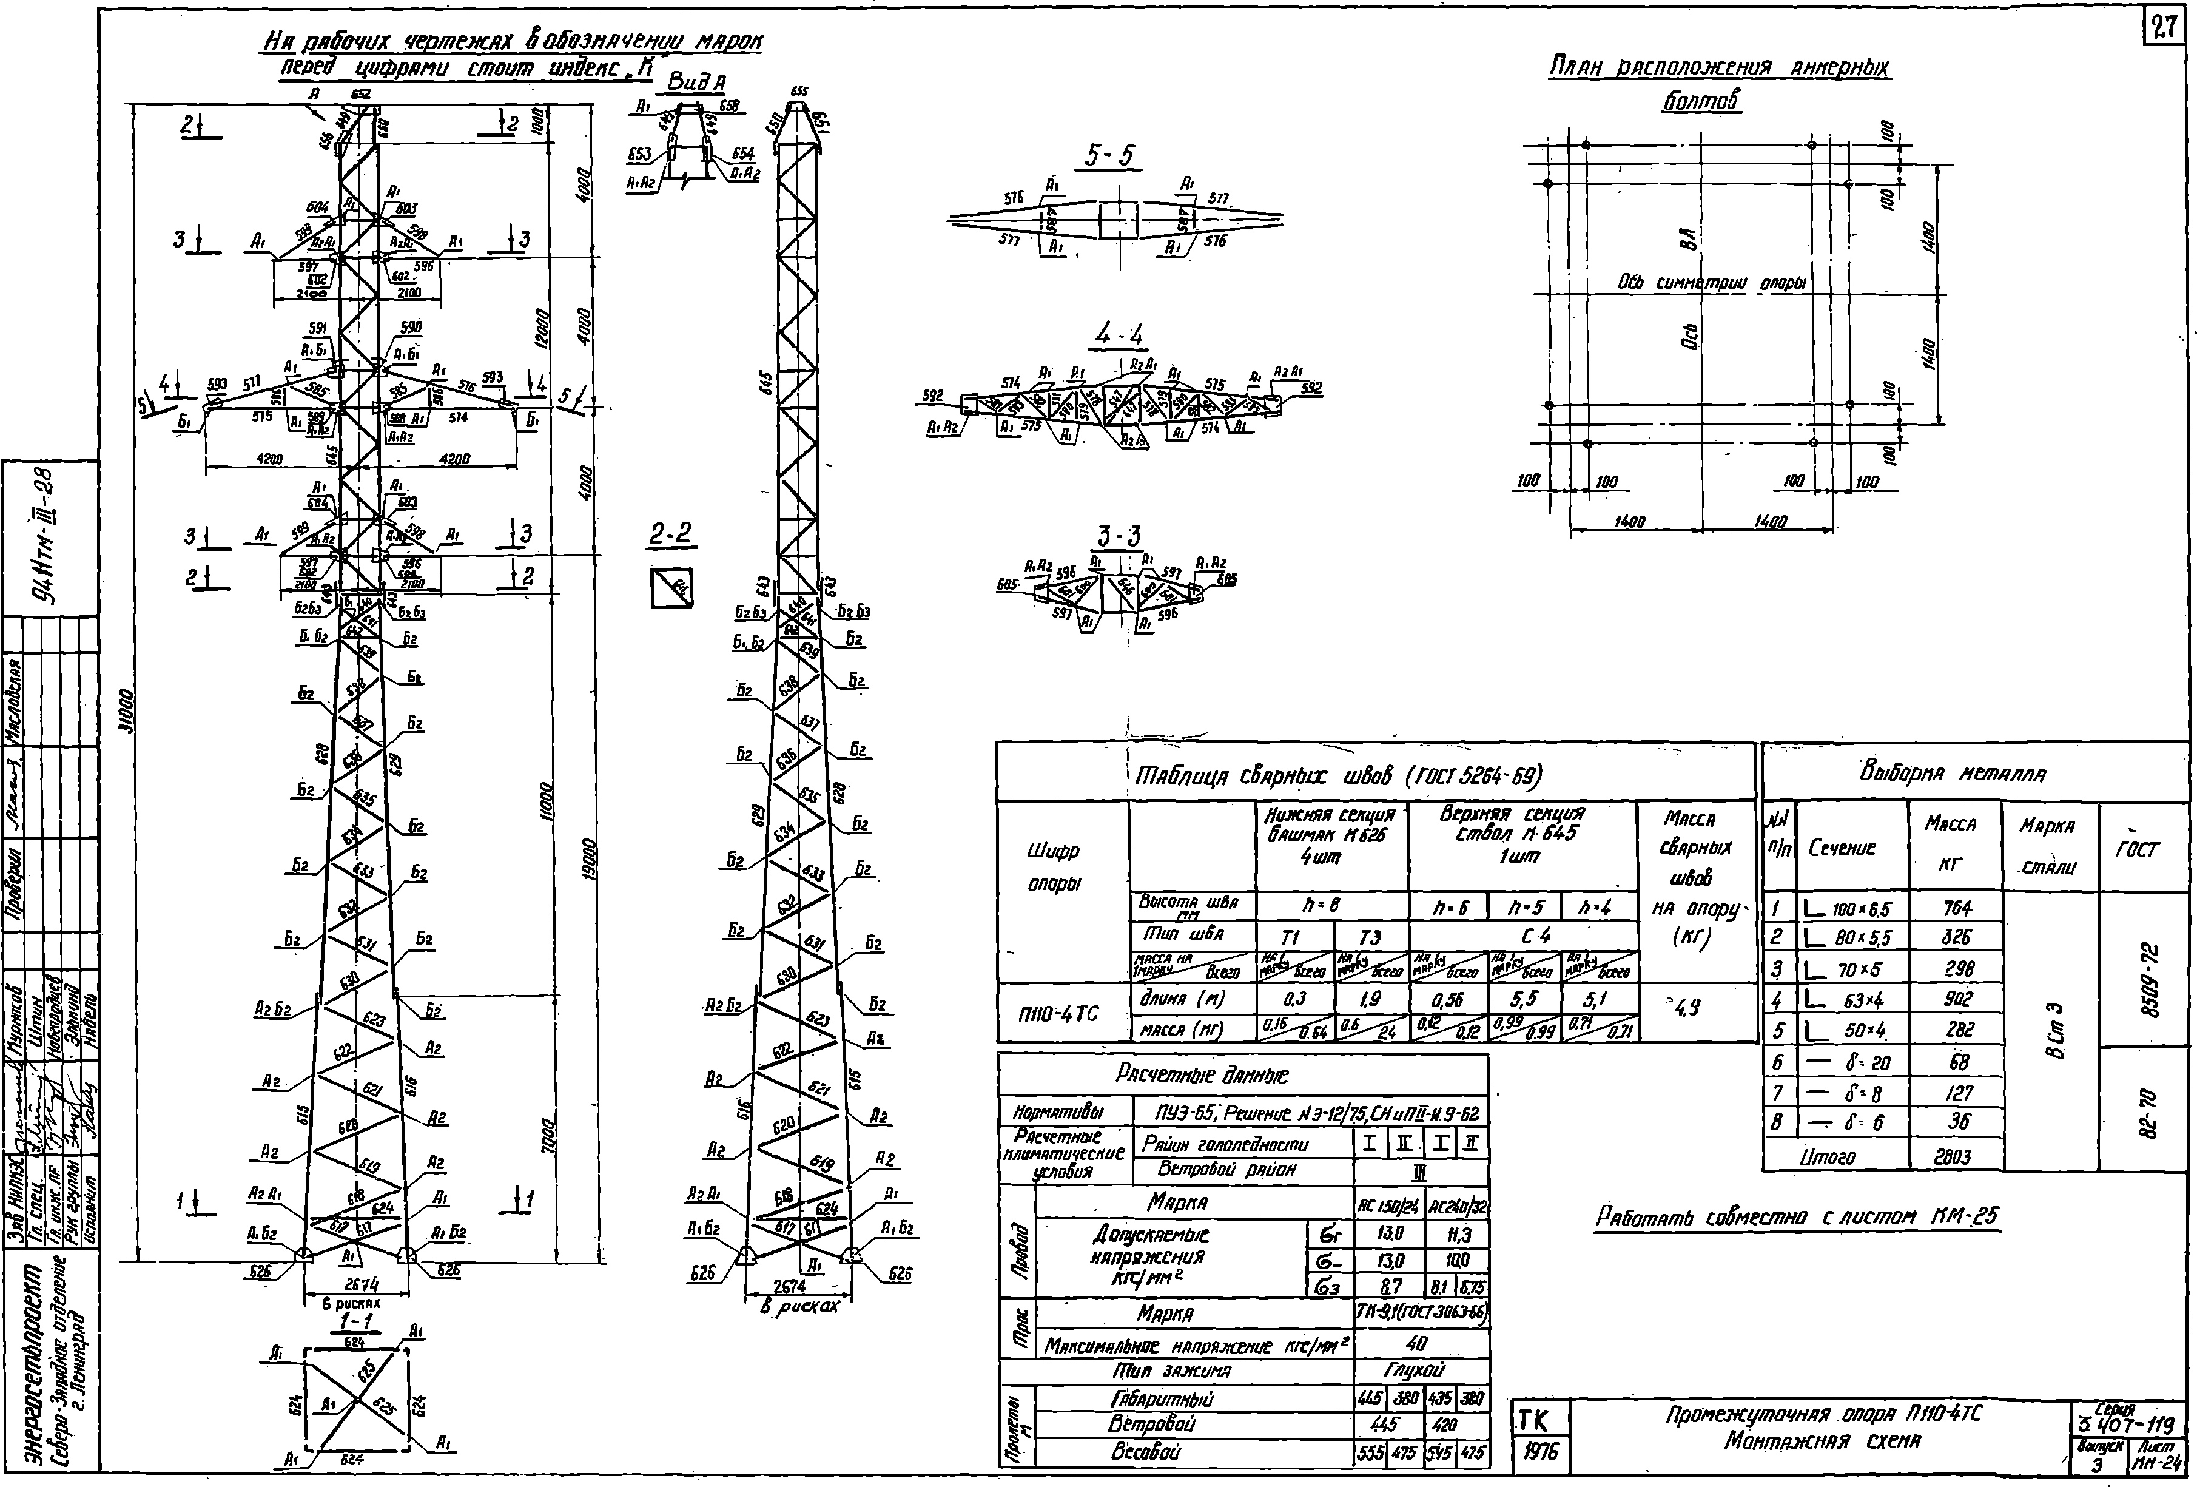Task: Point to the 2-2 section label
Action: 672,536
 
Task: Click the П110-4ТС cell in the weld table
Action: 1061,1013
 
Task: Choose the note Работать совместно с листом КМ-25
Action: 1797,1216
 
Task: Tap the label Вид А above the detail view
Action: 696,83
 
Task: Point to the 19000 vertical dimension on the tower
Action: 587,860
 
